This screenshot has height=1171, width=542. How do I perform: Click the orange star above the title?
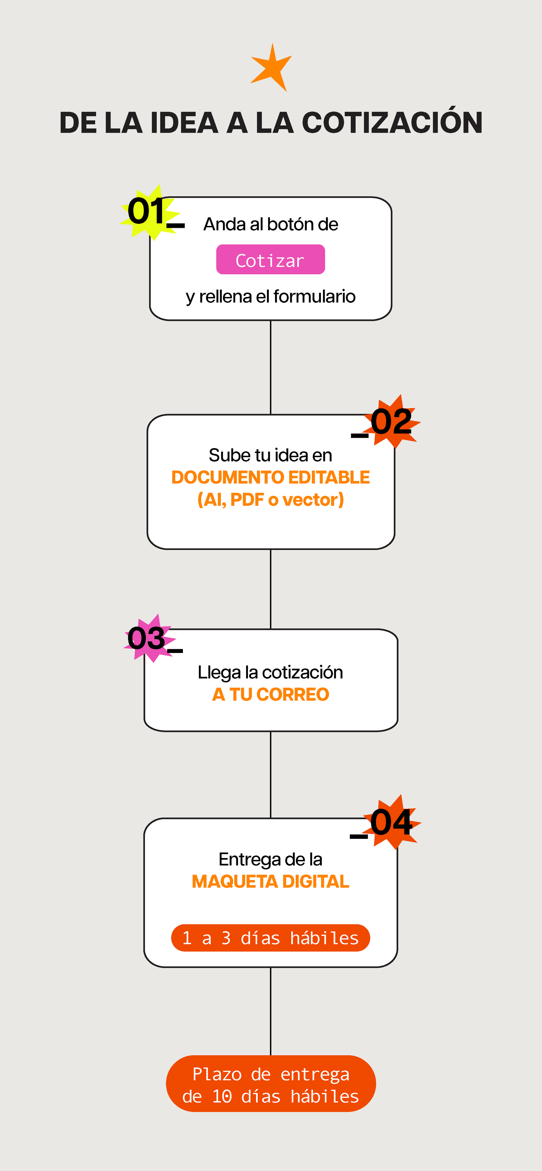click(x=272, y=69)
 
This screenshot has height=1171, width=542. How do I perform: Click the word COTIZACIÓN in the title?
click(x=392, y=123)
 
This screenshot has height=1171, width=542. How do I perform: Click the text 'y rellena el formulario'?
click(x=270, y=296)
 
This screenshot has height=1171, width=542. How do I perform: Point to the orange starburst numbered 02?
click(x=392, y=422)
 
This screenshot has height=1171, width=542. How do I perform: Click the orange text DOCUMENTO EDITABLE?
click(x=270, y=477)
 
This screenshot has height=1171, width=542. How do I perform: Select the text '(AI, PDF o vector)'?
click(x=270, y=500)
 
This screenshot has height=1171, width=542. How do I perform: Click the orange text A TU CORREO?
click(x=270, y=695)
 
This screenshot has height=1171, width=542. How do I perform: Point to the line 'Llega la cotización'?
click(x=270, y=672)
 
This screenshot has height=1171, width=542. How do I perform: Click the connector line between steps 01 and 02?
click(x=270, y=367)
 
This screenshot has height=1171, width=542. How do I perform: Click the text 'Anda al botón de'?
click(x=270, y=224)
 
